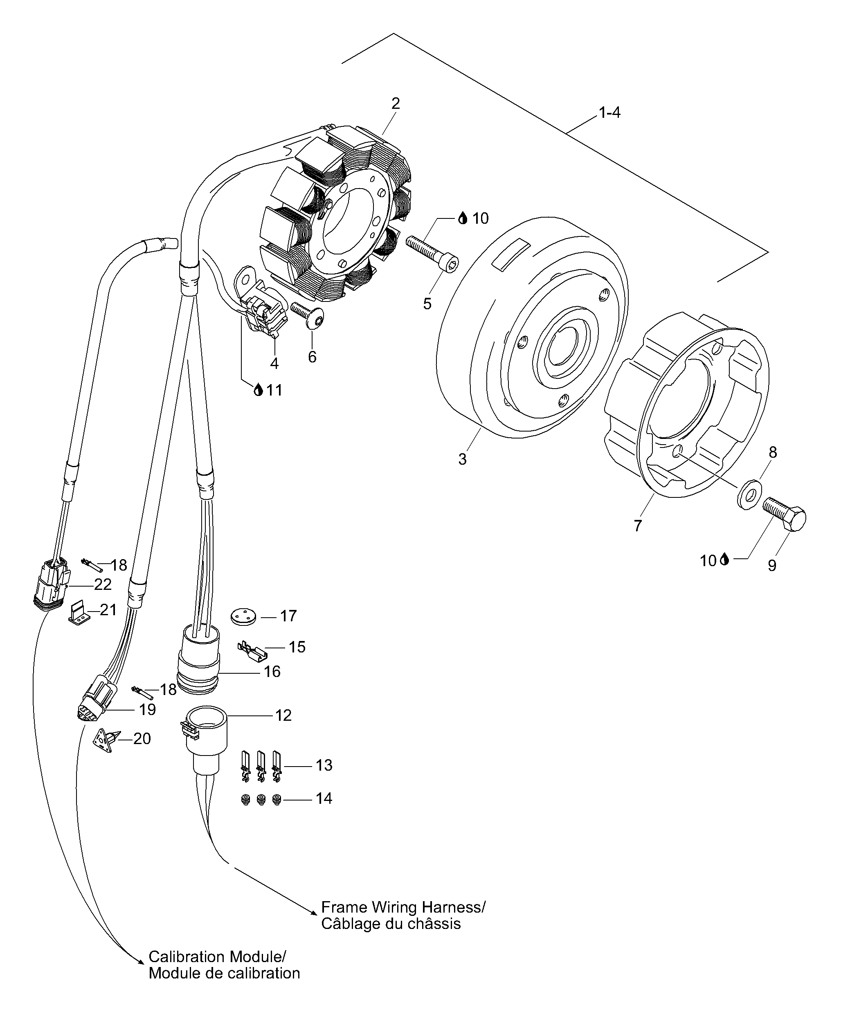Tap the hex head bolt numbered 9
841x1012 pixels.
click(784, 514)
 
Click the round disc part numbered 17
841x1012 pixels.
click(243, 616)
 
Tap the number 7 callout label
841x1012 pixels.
click(638, 526)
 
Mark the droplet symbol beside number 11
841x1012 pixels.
click(259, 390)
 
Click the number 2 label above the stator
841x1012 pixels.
click(396, 103)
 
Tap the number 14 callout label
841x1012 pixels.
click(324, 798)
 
